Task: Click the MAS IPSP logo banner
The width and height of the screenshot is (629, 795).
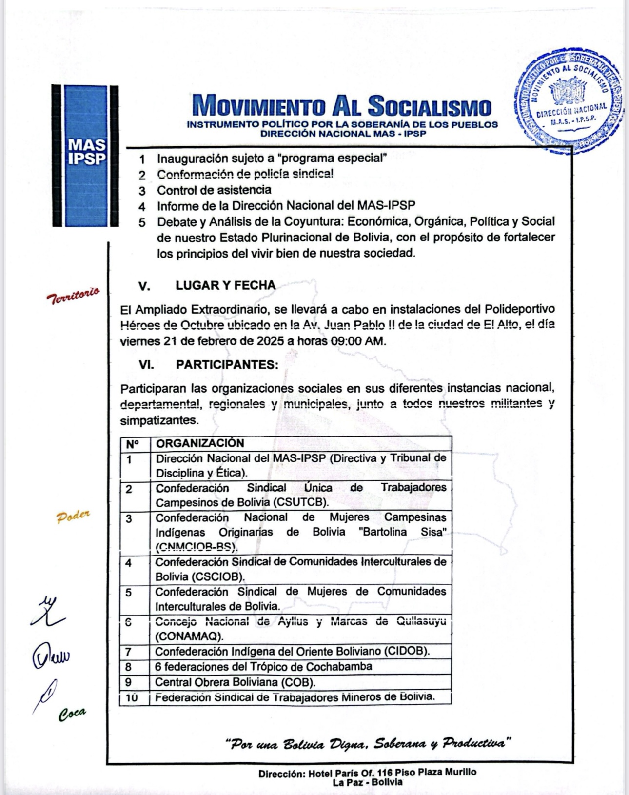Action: point(85,155)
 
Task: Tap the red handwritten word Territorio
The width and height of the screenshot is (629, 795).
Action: point(73,295)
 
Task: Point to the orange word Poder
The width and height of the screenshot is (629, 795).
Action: point(74,517)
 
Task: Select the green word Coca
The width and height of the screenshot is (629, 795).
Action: point(72,713)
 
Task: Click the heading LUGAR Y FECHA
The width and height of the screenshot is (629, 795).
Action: point(225,285)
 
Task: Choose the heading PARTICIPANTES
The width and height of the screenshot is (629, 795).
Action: point(227,364)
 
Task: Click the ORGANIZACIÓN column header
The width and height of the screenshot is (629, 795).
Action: point(199,443)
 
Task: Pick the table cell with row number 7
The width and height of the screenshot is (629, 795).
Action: point(129,652)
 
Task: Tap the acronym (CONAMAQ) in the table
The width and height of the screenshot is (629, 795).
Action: point(190,636)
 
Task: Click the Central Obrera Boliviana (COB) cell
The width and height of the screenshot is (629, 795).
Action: point(235,682)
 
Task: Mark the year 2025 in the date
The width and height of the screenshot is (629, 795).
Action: point(270,341)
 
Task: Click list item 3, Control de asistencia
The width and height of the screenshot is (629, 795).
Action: point(214,190)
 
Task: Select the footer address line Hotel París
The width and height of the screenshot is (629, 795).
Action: point(367,772)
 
